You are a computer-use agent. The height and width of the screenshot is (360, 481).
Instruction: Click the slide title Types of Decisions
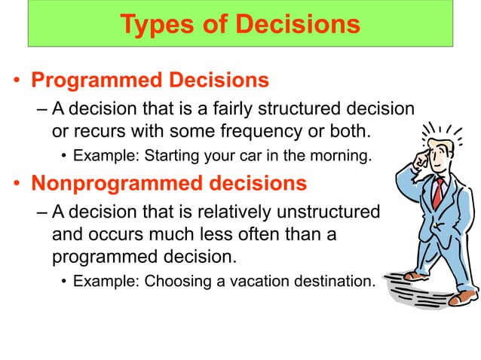point(240,24)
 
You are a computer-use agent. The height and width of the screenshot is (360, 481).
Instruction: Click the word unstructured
point(330,212)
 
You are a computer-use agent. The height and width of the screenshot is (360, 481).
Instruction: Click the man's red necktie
point(437,193)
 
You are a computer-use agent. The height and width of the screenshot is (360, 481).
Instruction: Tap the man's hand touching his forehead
point(424,158)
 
